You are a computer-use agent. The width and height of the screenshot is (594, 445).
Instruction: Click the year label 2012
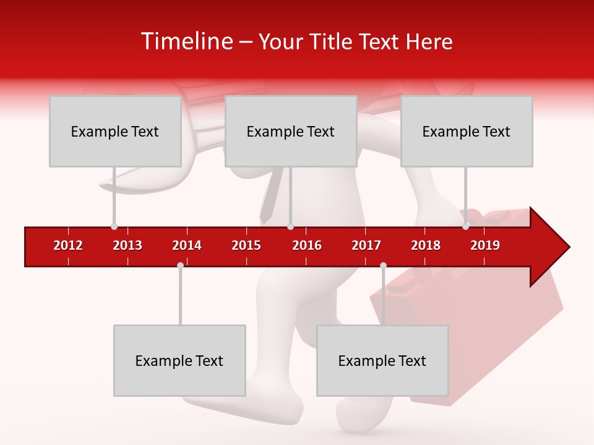[68, 245]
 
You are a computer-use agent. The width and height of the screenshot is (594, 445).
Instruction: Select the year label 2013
[127, 245]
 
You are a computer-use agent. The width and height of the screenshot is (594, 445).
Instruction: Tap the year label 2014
[187, 245]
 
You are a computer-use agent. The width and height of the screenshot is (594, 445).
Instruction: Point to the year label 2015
[246, 245]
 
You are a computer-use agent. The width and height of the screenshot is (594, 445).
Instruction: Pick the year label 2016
[307, 245]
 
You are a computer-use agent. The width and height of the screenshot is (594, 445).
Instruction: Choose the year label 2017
[366, 245]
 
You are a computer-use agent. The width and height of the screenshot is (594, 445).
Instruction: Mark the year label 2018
[426, 245]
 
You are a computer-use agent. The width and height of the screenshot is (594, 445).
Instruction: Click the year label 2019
[485, 245]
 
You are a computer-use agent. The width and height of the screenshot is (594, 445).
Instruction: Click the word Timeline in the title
[186, 41]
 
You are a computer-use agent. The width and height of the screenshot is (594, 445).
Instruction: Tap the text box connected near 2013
[114, 131]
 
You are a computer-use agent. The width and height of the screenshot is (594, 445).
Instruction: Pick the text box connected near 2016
[290, 131]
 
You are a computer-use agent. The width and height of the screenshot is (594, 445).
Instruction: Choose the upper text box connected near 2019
[466, 131]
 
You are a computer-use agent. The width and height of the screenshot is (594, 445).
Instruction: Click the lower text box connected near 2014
[179, 360]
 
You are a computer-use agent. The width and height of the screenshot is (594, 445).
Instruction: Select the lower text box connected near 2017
[382, 360]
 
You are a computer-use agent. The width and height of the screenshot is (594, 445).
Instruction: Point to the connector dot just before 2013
[114, 227]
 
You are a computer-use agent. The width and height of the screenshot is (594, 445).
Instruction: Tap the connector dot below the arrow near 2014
[180, 265]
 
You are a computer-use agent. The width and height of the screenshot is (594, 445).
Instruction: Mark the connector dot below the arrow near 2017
[383, 265]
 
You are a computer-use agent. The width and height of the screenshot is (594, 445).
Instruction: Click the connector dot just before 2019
[465, 227]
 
